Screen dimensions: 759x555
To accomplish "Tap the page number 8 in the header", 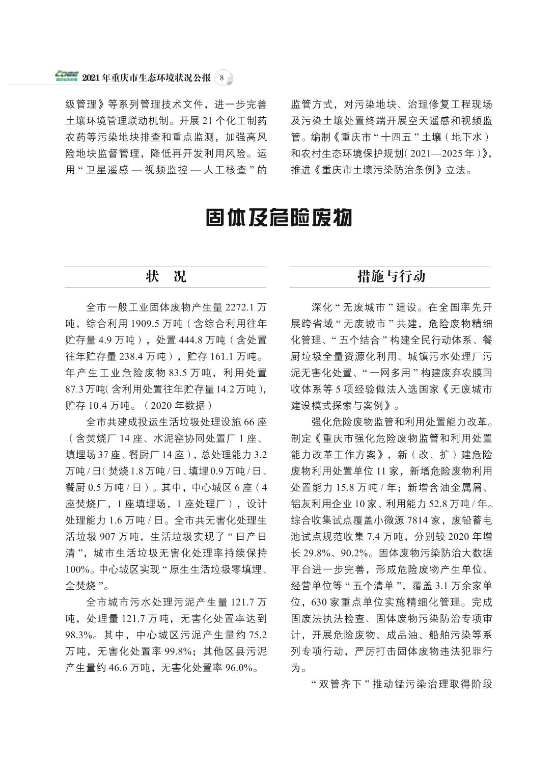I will point(222,78).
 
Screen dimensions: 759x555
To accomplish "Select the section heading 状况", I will point(165,276).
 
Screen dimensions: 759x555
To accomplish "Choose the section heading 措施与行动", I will point(391,276).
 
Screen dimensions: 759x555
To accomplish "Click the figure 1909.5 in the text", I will point(147,324).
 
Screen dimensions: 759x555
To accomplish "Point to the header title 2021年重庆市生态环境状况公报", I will point(146,78).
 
